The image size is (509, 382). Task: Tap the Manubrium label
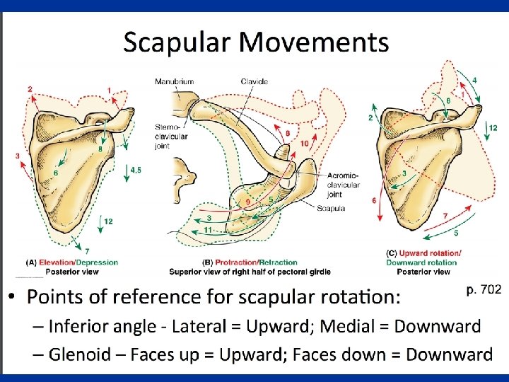pyautogui.click(x=174, y=82)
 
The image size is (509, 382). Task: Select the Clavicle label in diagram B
pyautogui.click(x=254, y=82)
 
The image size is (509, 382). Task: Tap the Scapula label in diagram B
pyautogui.click(x=332, y=208)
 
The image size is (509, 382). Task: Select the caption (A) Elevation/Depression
pyautogui.click(x=78, y=262)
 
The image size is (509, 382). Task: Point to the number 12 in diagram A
pyautogui.click(x=108, y=221)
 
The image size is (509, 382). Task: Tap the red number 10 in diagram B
pyautogui.click(x=304, y=144)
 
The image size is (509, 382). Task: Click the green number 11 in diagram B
pyautogui.click(x=209, y=231)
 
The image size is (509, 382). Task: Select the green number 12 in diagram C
pyautogui.click(x=493, y=127)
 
